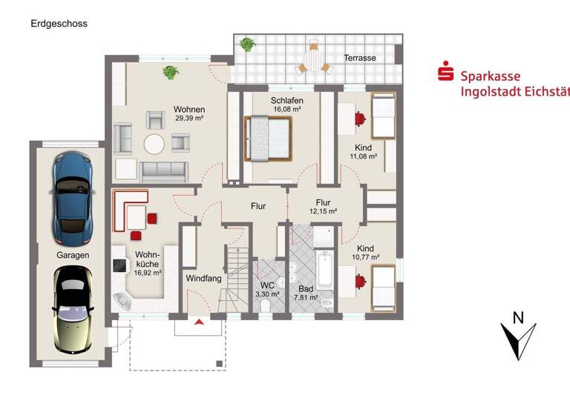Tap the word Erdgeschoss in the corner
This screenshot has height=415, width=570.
[59, 24]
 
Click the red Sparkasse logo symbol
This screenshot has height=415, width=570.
[446, 74]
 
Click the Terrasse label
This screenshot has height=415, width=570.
[359, 57]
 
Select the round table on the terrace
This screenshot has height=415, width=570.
[315, 57]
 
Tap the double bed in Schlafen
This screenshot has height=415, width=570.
[268, 137]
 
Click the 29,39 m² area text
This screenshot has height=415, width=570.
[189, 118]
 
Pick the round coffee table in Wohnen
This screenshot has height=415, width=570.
[155, 142]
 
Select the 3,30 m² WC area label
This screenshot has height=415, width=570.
[267, 294]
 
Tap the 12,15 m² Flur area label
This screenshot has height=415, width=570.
[323, 211]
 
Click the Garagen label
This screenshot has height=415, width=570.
[73, 255]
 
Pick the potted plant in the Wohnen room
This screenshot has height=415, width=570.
[171, 73]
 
